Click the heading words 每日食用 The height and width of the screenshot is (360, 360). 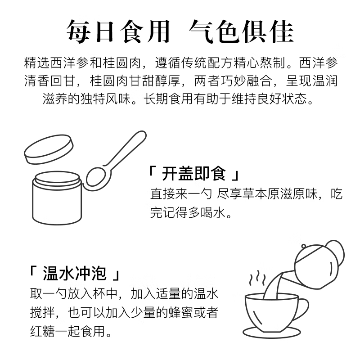(118, 31)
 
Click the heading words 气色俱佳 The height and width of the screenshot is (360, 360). (241, 31)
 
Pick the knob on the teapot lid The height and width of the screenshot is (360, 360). (304, 247)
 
